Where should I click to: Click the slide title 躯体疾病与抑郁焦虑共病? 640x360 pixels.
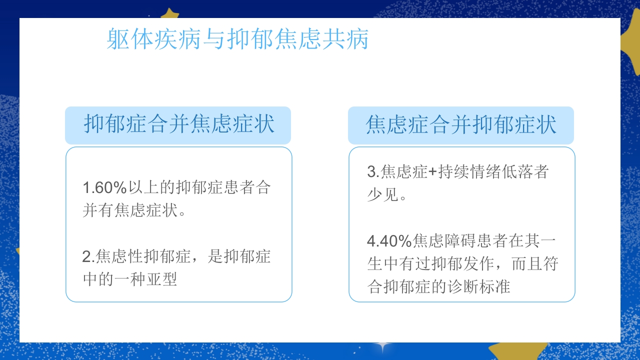point(237,39)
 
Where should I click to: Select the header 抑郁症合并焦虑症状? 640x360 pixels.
point(178,124)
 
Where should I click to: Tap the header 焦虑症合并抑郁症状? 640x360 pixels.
point(461,124)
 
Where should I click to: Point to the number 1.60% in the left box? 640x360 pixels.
point(104,188)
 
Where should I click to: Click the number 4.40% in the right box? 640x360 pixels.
point(389,241)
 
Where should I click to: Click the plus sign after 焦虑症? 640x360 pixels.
point(433,172)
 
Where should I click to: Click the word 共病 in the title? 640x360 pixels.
point(350,39)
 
